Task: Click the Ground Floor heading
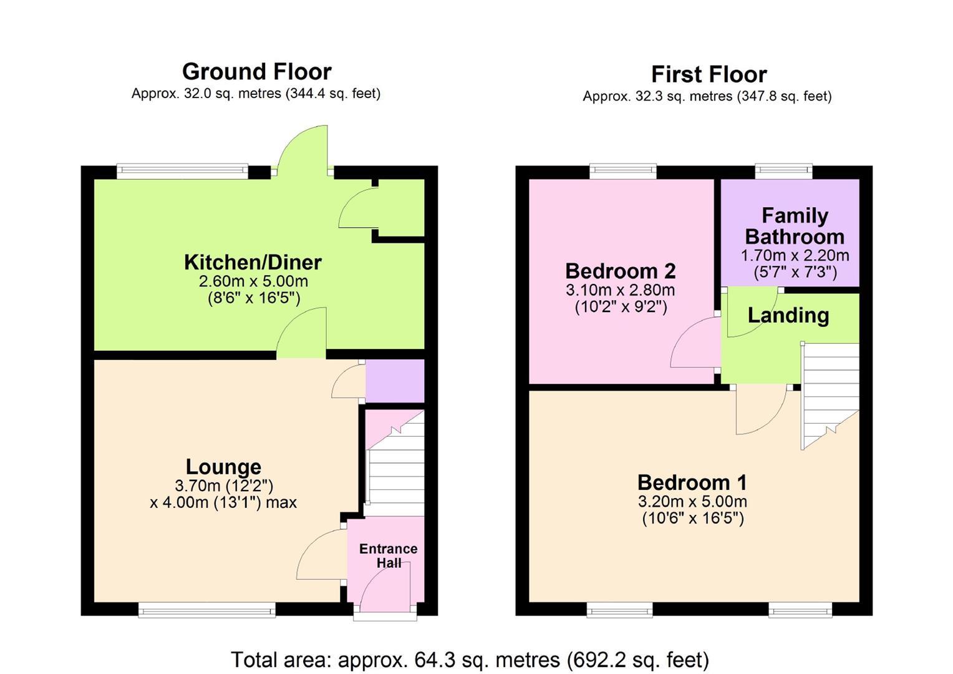[x=256, y=72]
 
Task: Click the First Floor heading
[x=709, y=74]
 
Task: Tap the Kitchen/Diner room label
[x=253, y=262]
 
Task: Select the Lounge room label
[x=223, y=467]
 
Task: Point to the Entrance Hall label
[x=389, y=555]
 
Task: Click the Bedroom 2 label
[x=621, y=271]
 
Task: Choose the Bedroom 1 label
[x=692, y=482]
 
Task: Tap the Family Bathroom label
[x=795, y=226]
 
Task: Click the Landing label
[x=788, y=316]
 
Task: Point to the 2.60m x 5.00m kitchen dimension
[x=253, y=281]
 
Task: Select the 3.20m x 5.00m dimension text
[x=692, y=501]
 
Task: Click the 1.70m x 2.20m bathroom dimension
[x=795, y=255]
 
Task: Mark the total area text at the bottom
[x=470, y=660]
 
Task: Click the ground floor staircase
[x=395, y=463]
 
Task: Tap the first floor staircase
[x=830, y=396]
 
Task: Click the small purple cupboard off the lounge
[x=395, y=381]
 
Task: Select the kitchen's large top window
[x=182, y=171]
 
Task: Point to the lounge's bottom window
[x=207, y=610]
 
